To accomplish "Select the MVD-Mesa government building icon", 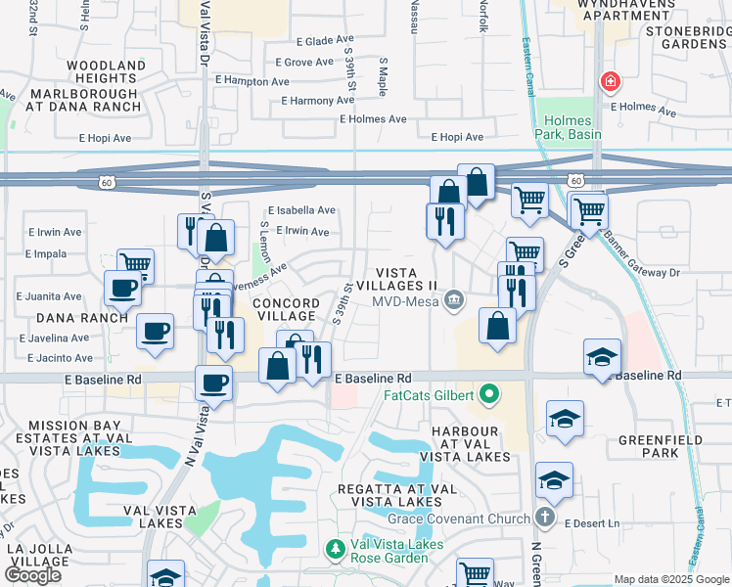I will pyautogui.click(x=453, y=299).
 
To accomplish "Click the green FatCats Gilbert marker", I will pyautogui.click(x=488, y=396).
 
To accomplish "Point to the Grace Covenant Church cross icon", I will pyautogui.click(x=546, y=515).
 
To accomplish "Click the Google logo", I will pyautogui.click(x=33, y=574).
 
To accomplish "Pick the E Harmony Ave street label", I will pyautogui.click(x=317, y=101).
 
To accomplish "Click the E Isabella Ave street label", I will pyautogui.click(x=302, y=210).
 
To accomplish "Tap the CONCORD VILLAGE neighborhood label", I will pyautogui.click(x=285, y=310).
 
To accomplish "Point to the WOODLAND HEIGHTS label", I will pyautogui.click(x=106, y=72).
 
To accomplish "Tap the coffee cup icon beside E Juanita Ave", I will pyautogui.click(x=123, y=288).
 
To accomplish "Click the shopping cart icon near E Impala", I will pyautogui.click(x=136, y=263).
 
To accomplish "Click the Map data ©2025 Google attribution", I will pyautogui.click(x=670, y=579).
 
